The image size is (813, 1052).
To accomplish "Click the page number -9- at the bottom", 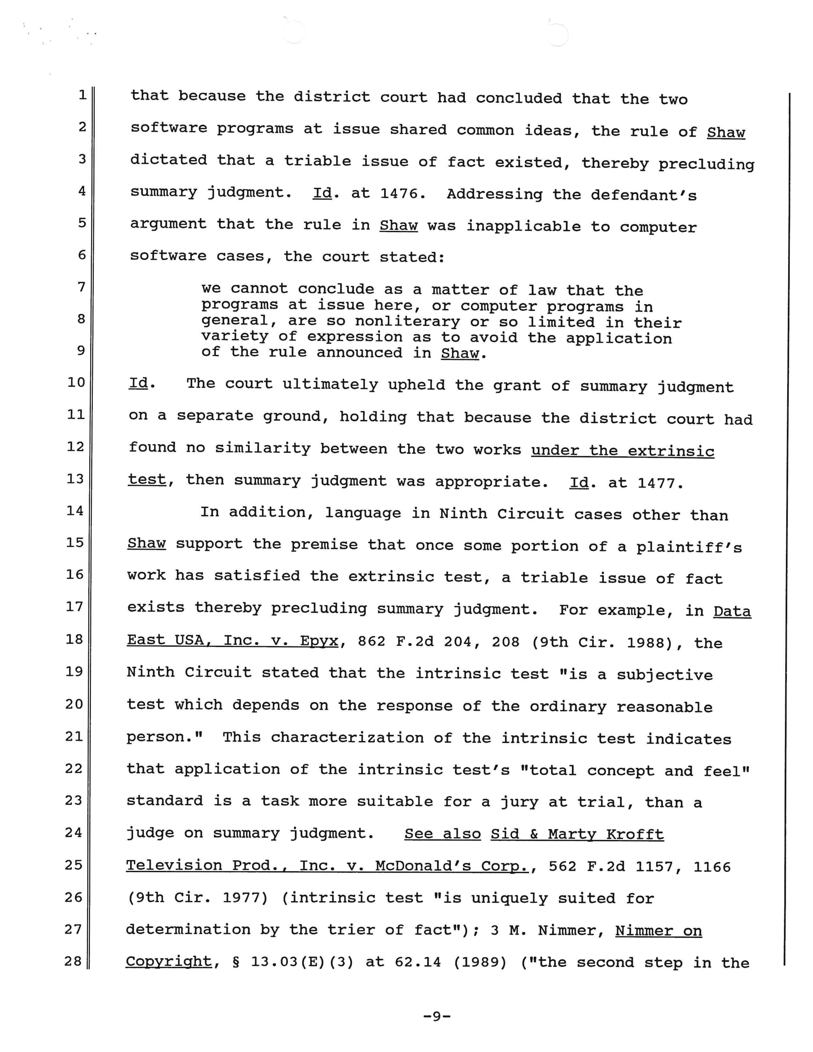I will click(436, 1016).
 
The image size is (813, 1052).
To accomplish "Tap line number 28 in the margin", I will click(73, 961).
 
